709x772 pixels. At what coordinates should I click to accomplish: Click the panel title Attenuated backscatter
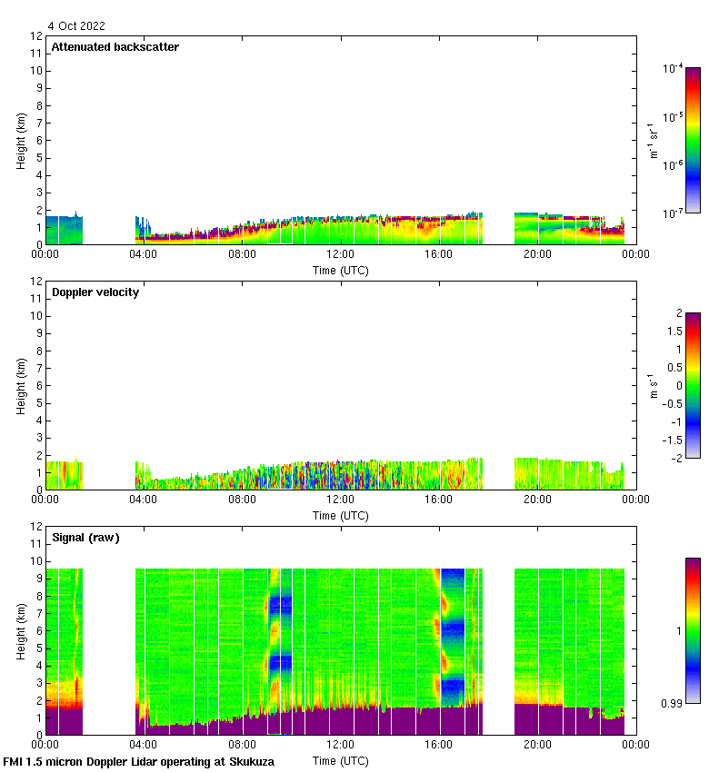(x=115, y=47)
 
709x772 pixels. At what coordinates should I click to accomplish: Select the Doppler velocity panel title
(x=95, y=292)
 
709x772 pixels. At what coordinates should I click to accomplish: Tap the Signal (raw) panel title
(x=85, y=538)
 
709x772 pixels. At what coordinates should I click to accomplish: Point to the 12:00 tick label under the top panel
(x=341, y=255)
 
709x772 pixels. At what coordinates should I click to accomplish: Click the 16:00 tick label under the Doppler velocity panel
(x=439, y=500)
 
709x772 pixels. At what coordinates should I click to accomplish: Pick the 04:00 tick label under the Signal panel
(x=144, y=745)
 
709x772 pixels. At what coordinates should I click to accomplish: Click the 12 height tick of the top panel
(x=37, y=36)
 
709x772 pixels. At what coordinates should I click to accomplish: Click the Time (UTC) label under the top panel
(x=341, y=270)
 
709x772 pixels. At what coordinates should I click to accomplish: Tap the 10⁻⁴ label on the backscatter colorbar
(x=673, y=69)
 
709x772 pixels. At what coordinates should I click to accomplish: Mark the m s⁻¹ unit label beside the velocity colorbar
(x=653, y=385)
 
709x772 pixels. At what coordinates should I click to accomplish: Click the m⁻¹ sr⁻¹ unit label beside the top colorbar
(x=653, y=140)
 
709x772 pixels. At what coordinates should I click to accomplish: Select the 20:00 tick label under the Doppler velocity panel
(x=537, y=500)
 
